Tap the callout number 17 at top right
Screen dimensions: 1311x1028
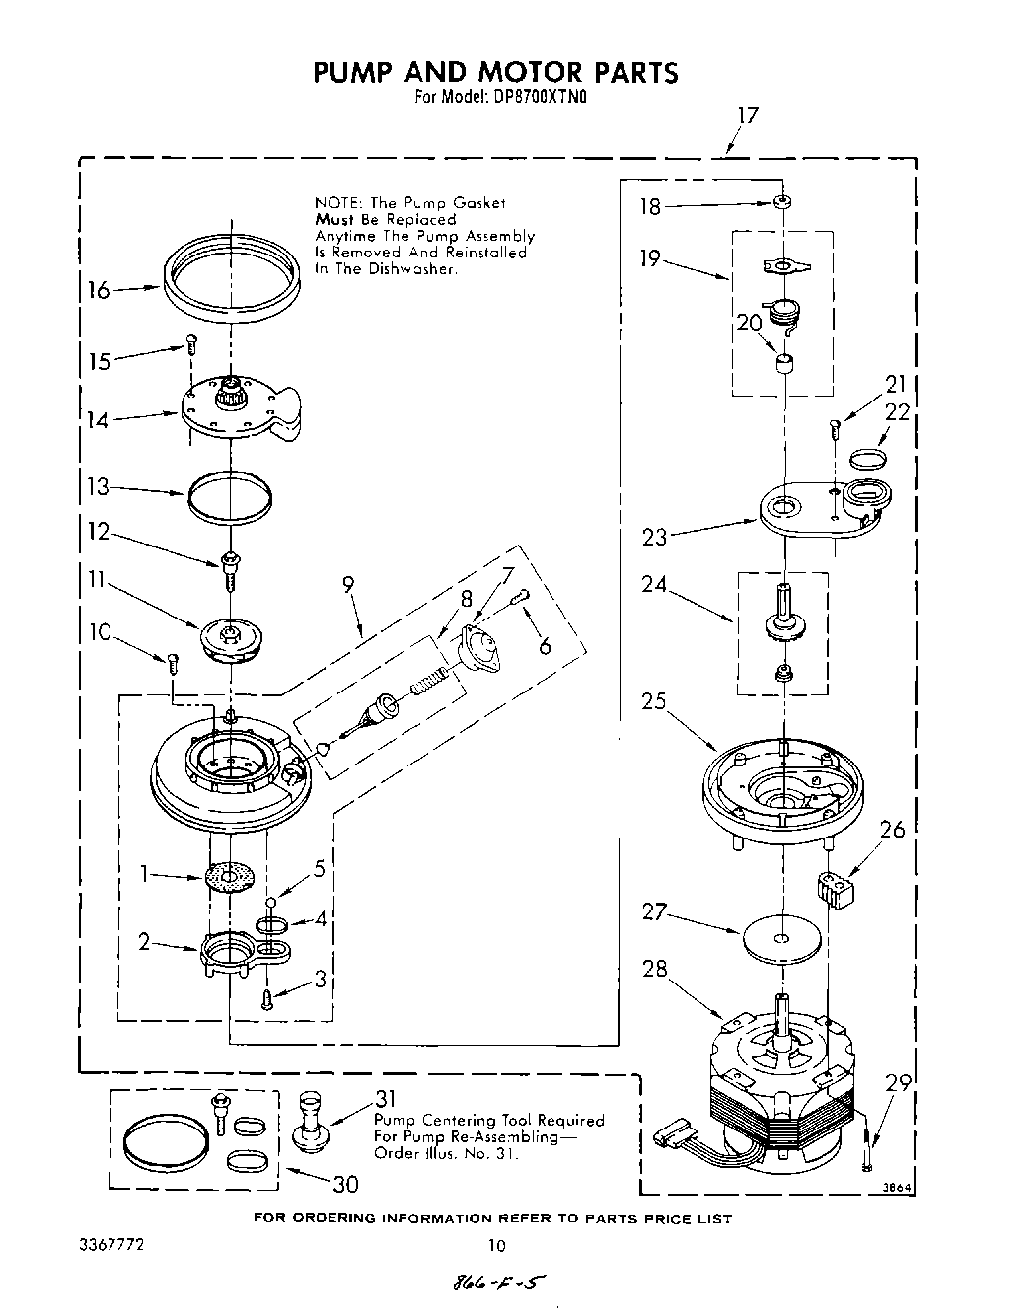(x=748, y=115)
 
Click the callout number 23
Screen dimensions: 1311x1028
(x=654, y=537)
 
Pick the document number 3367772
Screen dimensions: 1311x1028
(x=111, y=1245)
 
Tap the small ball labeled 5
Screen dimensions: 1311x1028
(x=270, y=901)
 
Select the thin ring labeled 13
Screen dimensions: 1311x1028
(x=229, y=494)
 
